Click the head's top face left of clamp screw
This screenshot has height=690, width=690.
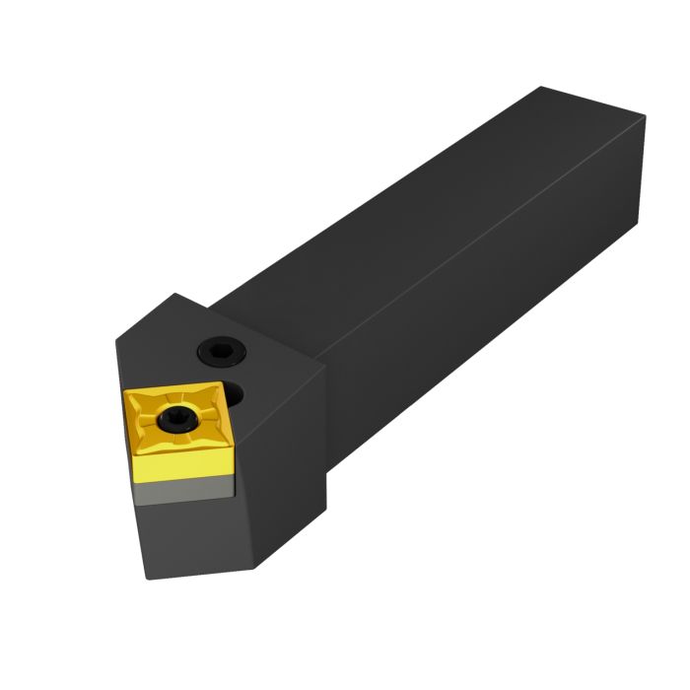click(168, 345)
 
